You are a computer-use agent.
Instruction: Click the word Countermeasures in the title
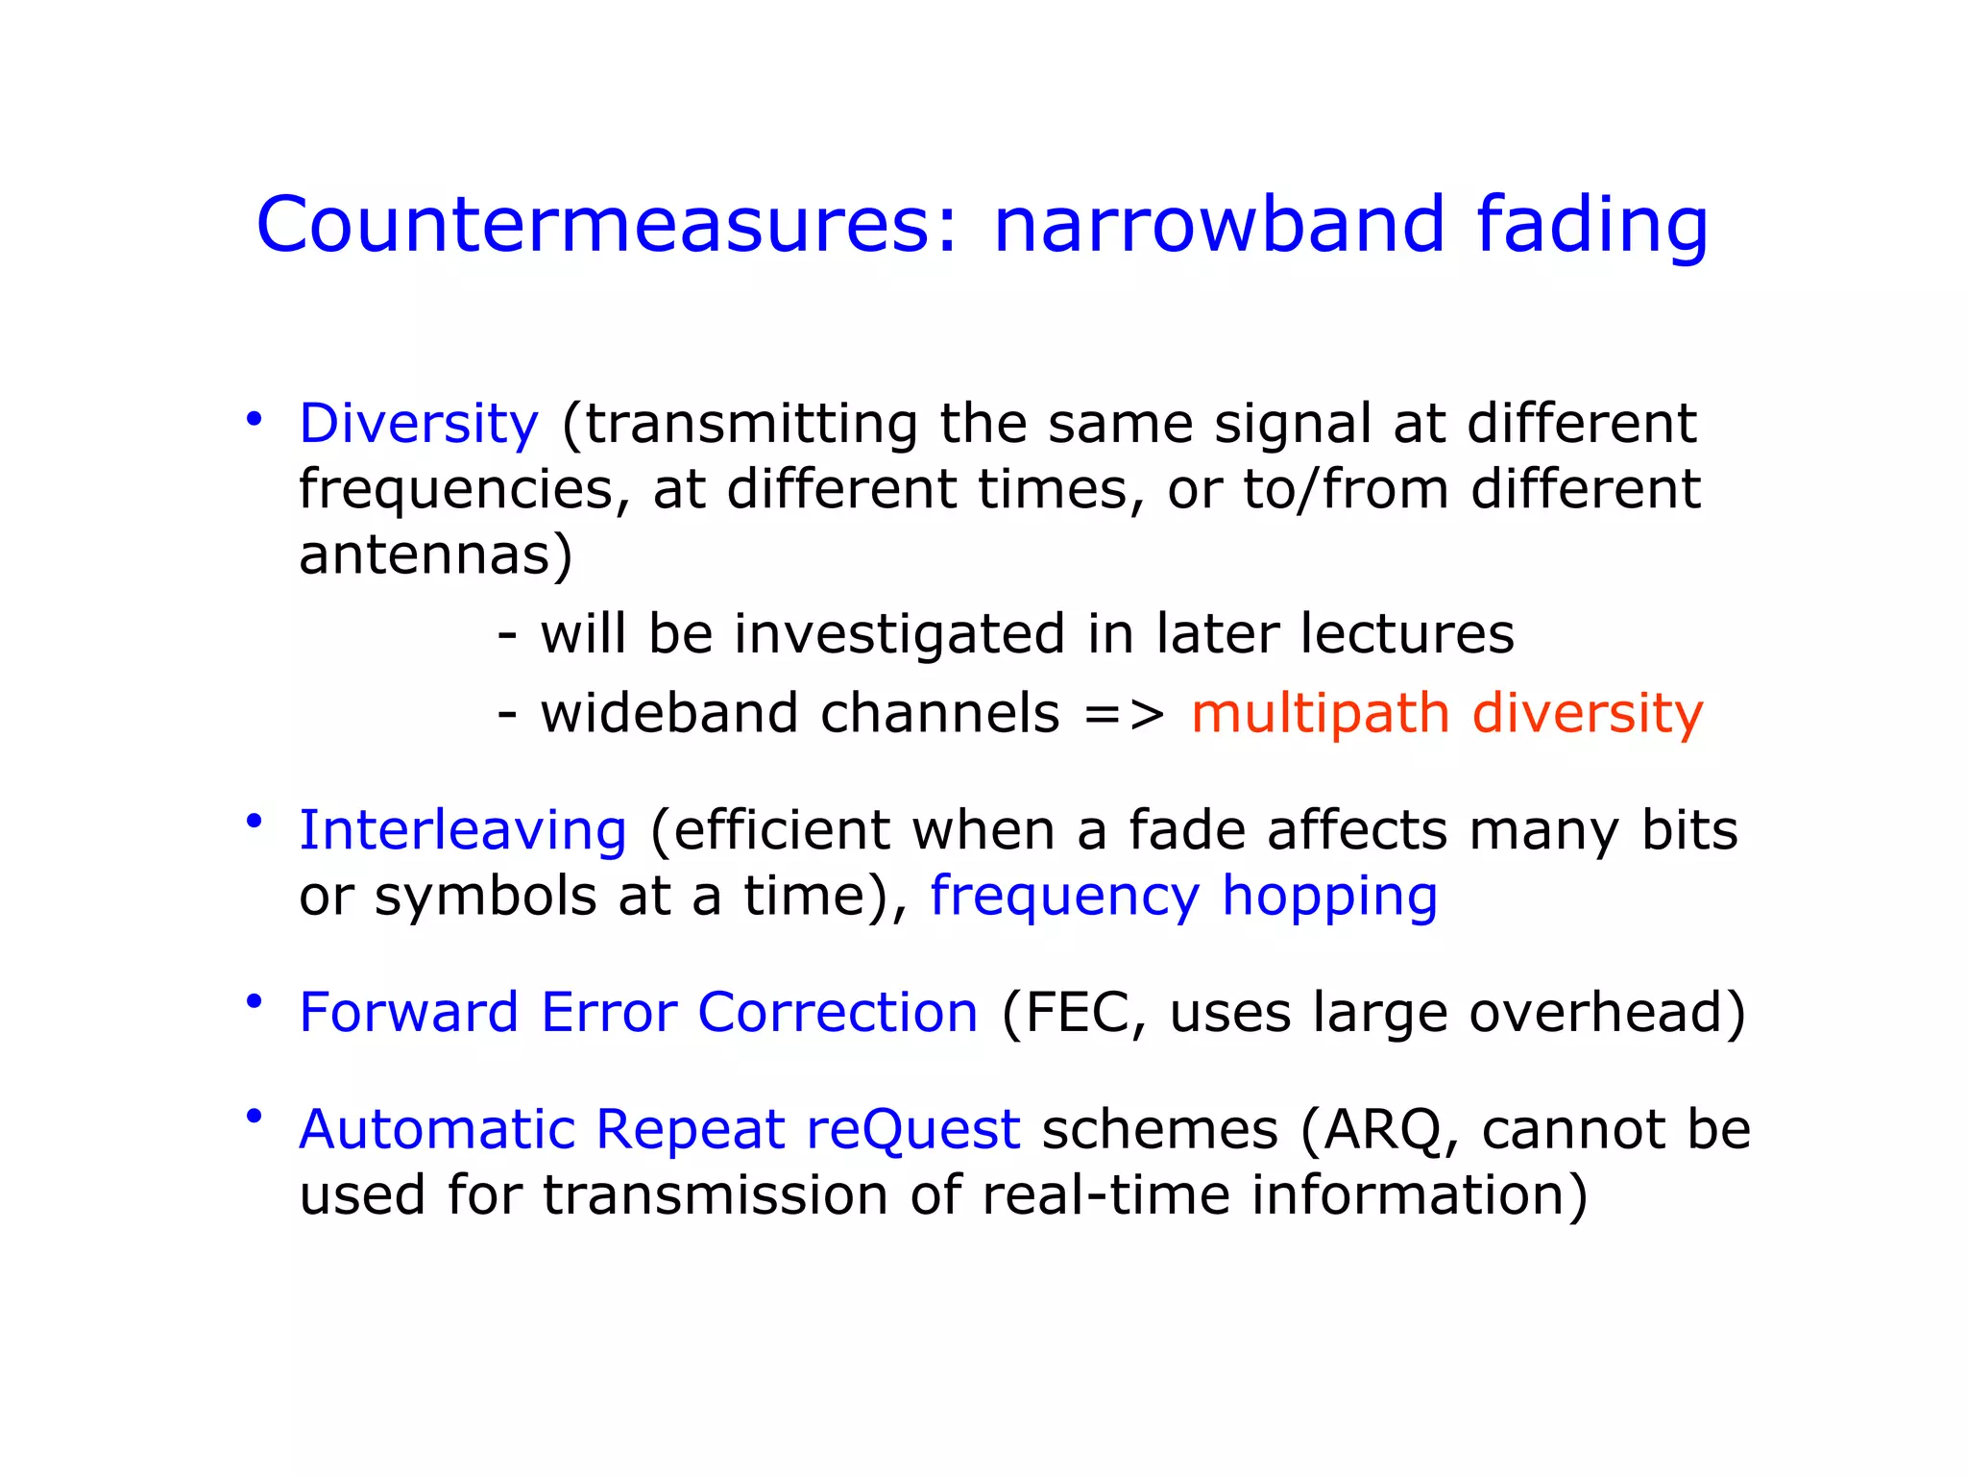(x=606, y=226)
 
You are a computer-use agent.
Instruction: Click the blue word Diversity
(x=419, y=424)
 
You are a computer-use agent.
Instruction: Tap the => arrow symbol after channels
(x=1124, y=714)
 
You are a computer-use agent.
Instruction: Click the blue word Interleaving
(x=463, y=830)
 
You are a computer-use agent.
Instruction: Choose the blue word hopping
(x=1329, y=898)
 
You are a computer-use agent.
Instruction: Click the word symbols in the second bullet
(x=486, y=896)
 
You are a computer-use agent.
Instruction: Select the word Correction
(x=838, y=1013)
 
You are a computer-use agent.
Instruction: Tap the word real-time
(x=1105, y=1195)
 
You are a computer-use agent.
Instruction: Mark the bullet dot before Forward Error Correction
(x=254, y=1002)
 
